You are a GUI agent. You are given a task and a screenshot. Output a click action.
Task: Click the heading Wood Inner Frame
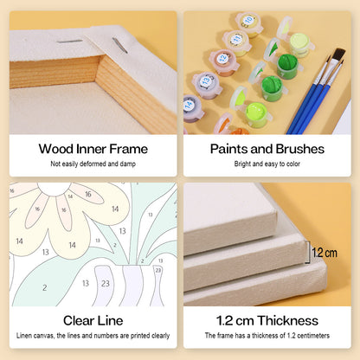[x=93, y=149]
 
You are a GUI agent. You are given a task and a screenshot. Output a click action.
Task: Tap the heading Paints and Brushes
[x=267, y=149]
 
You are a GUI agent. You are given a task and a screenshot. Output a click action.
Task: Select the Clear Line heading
[x=93, y=320]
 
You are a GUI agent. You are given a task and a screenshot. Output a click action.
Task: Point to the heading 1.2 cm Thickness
[x=267, y=320]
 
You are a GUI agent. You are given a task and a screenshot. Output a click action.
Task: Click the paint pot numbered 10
[x=248, y=23]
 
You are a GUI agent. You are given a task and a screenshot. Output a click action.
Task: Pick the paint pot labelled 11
[x=236, y=42]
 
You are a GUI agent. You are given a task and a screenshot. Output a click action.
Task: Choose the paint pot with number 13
[x=207, y=84]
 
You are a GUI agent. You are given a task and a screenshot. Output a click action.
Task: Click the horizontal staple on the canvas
[x=69, y=42]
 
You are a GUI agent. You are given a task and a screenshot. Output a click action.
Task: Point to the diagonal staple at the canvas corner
[x=119, y=45]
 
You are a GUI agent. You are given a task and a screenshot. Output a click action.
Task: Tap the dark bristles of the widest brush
[x=338, y=55]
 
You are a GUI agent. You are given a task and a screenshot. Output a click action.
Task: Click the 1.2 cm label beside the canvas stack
[x=325, y=253]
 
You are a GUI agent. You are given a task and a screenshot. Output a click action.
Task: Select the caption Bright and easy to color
[x=267, y=164]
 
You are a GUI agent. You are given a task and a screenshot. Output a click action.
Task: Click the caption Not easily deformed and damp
[x=93, y=164]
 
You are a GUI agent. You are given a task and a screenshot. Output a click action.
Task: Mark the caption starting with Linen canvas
[x=93, y=336]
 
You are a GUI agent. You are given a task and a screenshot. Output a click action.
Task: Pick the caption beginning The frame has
[x=267, y=336]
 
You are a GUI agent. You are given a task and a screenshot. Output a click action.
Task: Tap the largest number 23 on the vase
[x=106, y=284]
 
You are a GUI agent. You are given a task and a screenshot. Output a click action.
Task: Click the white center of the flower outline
[x=55, y=189]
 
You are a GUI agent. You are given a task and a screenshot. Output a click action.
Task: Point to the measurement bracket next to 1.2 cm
[x=308, y=253]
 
